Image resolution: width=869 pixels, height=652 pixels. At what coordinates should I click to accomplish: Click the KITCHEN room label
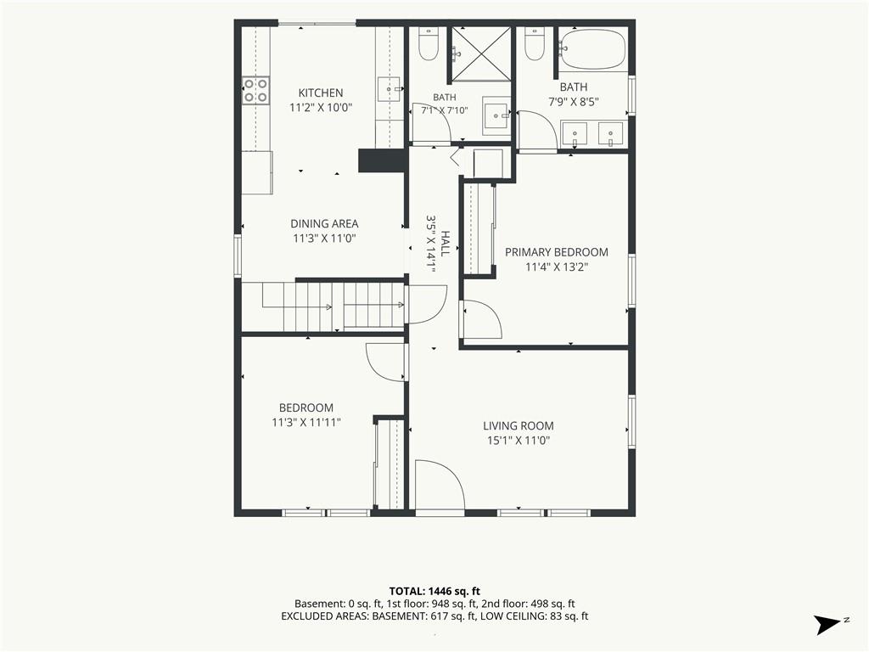(321, 93)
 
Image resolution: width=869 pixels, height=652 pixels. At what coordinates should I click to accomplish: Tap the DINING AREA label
(324, 224)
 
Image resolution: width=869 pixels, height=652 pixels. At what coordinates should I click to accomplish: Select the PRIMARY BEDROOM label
(557, 252)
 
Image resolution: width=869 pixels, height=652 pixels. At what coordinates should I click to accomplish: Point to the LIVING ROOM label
(519, 426)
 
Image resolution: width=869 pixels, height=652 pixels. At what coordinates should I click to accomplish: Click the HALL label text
(445, 243)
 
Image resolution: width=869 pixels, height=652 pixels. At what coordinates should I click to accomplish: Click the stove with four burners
(255, 90)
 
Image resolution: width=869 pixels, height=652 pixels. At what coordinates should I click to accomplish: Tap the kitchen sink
(390, 89)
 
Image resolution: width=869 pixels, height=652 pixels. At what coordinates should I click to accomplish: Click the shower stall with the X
(480, 53)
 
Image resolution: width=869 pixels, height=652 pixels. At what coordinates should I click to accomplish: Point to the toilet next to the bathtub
(535, 44)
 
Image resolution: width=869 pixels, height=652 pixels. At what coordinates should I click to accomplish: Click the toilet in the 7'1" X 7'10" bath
(429, 44)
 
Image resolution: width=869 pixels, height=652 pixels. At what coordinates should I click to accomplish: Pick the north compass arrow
(827, 624)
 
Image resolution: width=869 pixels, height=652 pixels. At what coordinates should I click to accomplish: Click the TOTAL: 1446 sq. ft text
(434, 591)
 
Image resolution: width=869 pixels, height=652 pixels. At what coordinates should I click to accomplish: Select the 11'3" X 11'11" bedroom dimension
(306, 423)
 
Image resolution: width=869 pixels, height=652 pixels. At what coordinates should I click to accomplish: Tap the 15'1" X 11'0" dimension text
(519, 441)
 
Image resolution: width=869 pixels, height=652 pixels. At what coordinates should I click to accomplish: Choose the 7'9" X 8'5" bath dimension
(574, 102)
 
